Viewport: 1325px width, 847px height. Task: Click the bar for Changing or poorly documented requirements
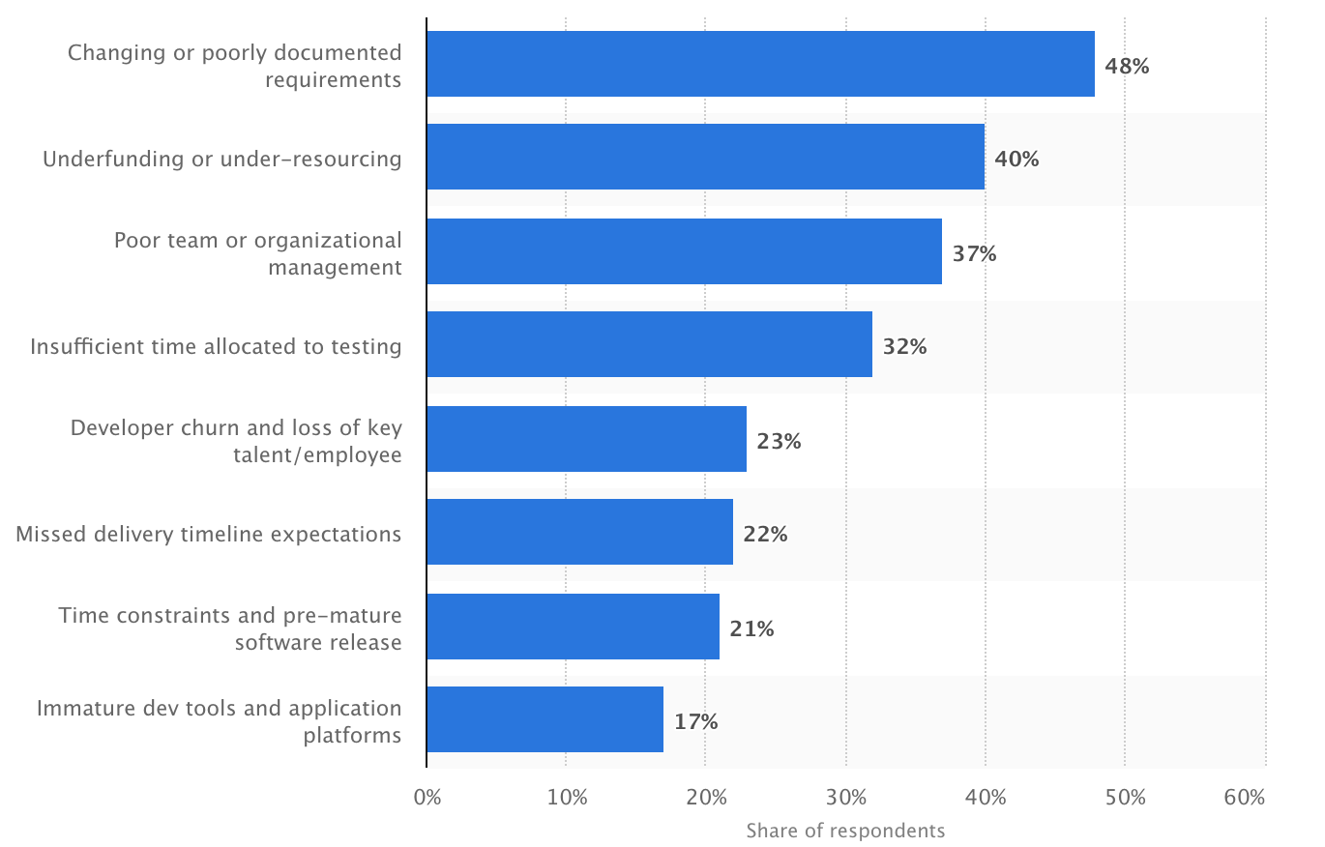click(760, 64)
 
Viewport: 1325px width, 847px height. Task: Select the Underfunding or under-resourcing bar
click(705, 158)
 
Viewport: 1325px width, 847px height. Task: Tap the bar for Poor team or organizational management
click(684, 251)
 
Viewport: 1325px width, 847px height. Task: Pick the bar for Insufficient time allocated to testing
click(649, 345)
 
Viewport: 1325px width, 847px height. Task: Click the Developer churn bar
click(586, 439)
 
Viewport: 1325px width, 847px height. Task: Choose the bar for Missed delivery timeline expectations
click(579, 533)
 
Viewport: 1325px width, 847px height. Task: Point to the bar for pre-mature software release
click(573, 627)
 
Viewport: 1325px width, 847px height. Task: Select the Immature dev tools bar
click(545, 720)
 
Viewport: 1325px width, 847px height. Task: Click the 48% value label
click(1127, 67)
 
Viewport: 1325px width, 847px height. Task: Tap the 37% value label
click(974, 254)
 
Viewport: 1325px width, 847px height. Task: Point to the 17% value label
click(695, 721)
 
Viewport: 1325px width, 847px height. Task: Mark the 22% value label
click(765, 534)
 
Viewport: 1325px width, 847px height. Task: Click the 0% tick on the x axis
click(427, 798)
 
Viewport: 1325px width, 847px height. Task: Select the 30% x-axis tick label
click(846, 798)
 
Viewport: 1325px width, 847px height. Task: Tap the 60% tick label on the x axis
click(1244, 798)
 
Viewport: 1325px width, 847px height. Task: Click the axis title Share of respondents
click(845, 831)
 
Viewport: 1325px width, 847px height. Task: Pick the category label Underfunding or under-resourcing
click(221, 159)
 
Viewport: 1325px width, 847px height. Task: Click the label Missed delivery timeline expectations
click(208, 534)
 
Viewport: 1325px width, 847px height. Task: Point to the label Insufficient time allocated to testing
click(216, 346)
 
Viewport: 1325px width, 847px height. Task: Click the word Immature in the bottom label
click(79, 709)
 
